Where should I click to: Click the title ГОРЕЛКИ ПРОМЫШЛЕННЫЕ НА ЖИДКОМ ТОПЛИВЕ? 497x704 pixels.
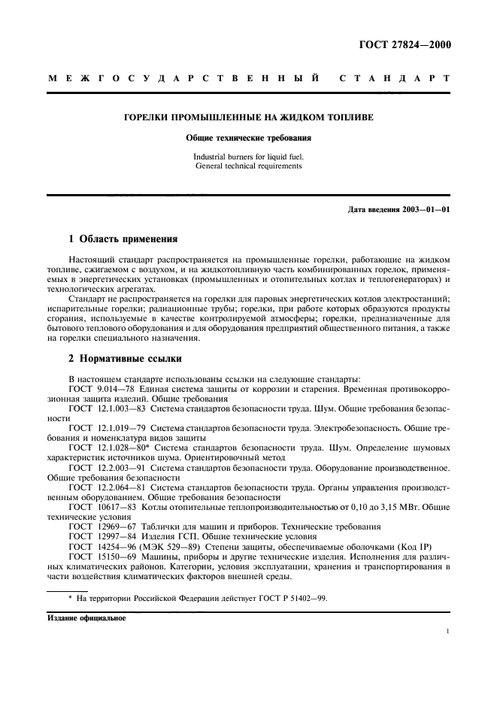tap(247, 118)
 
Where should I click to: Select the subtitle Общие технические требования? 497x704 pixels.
tap(248, 138)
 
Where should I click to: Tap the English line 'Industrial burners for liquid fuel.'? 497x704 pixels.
tap(248, 156)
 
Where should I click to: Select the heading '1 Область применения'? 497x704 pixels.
tap(123, 240)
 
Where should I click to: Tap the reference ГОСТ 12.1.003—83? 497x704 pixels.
tap(103, 407)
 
